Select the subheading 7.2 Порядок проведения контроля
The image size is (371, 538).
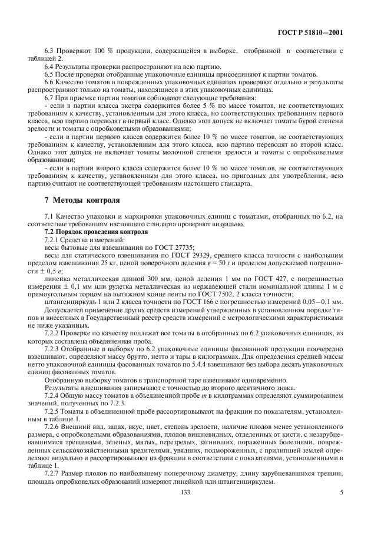point(91,232)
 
